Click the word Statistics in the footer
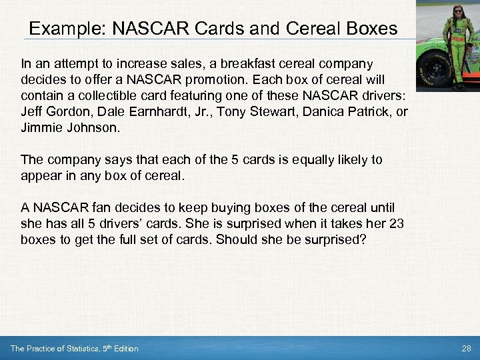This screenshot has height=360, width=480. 77,349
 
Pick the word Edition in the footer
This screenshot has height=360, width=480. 126,349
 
